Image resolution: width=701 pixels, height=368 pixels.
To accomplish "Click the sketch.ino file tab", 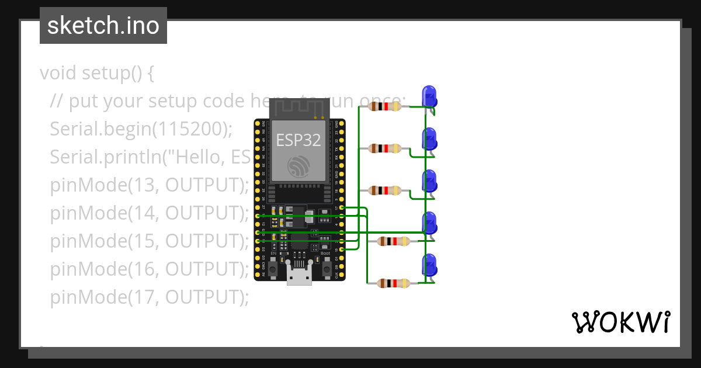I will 103,26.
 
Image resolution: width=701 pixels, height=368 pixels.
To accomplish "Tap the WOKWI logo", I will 620,322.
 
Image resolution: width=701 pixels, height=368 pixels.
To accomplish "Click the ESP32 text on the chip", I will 298,140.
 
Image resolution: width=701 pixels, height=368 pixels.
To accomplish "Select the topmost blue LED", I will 429,96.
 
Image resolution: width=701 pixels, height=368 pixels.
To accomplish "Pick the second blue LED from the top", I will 429,139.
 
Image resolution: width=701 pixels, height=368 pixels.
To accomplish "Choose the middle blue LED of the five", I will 429,181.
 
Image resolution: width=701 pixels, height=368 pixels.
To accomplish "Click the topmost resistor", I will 386,106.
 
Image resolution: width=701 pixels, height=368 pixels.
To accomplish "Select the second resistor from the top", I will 386,148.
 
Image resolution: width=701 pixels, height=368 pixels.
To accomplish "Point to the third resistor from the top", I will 386,190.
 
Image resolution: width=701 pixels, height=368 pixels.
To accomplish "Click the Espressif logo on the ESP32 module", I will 299,168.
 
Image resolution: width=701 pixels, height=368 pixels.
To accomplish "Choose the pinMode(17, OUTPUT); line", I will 150,297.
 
